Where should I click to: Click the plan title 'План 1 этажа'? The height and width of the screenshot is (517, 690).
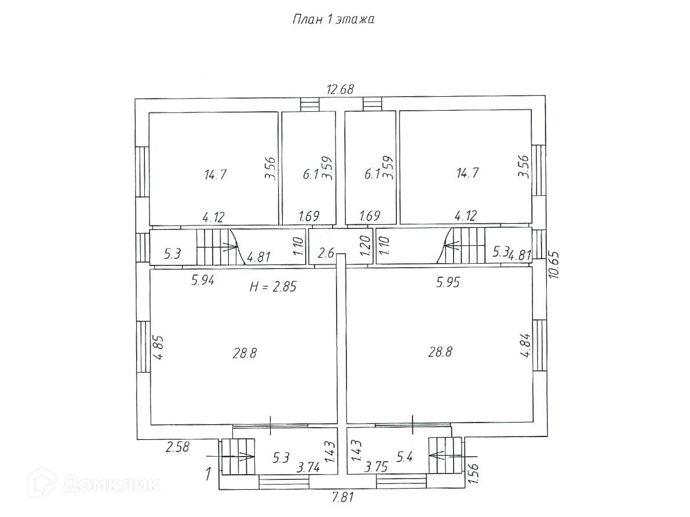coord(333,19)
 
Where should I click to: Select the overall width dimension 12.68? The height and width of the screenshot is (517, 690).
coord(340,89)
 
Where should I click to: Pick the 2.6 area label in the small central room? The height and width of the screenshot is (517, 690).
coord(326,253)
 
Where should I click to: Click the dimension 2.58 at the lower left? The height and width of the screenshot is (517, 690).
coord(177,447)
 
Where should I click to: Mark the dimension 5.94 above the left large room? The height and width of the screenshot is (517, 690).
coord(203,281)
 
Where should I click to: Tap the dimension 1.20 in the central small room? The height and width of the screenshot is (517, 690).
coord(365,247)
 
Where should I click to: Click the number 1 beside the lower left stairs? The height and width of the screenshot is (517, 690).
coord(208,475)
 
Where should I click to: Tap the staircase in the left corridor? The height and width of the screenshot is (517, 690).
coord(217,246)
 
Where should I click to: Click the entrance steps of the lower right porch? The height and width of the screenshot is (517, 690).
coord(445,456)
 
